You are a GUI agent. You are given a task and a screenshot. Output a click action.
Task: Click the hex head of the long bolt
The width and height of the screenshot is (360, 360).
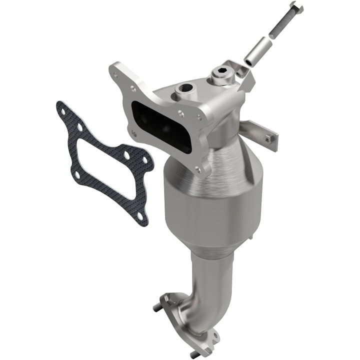tap(296, 7)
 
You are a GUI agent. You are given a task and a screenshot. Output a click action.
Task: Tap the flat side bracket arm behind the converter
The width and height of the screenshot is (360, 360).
tap(257, 130)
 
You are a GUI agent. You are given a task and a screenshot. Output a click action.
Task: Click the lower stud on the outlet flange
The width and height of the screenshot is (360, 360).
tap(194, 353)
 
